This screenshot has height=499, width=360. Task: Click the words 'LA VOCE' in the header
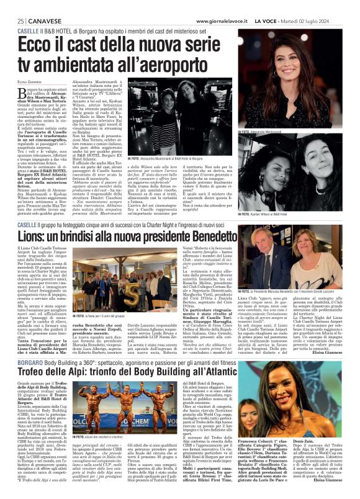pyautogui.click(x=282, y=22)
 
